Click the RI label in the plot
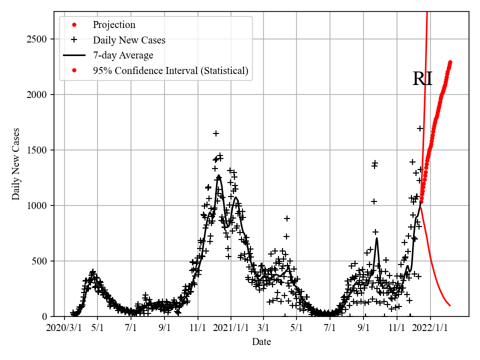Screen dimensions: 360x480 click(x=422, y=79)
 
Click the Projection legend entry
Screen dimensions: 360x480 click(x=114, y=25)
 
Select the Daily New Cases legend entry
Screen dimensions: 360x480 click(x=129, y=40)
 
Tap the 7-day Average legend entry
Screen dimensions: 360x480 click(x=123, y=55)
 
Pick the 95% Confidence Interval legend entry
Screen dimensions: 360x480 click(x=170, y=70)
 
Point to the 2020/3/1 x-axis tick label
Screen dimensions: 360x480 click(x=64, y=327)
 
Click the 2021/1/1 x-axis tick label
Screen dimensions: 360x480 click(x=231, y=327)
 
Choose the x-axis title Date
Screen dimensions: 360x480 click(x=261, y=342)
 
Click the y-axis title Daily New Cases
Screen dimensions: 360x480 click(x=16, y=164)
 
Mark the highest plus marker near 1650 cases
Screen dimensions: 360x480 click(x=216, y=133)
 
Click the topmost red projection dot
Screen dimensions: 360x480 click(x=450, y=62)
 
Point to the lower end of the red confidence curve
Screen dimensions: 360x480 click(x=450, y=305)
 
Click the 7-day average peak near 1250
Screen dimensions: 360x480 click(x=218, y=176)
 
